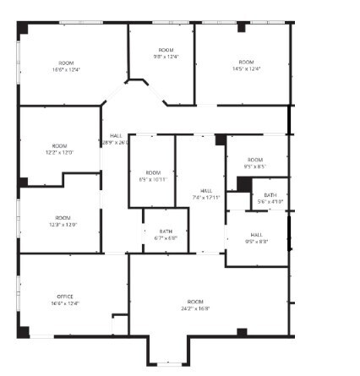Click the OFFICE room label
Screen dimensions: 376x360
click(65, 297)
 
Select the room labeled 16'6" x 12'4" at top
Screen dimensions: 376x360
click(66, 69)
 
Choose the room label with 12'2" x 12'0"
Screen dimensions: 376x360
click(59, 152)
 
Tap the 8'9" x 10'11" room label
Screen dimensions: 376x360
click(153, 179)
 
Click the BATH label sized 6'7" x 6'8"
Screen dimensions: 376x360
click(166, 237)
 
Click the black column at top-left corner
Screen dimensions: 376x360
click(23, 28)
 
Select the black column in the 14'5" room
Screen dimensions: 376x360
click(243, 28)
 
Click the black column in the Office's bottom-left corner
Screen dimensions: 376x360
click(23, 330)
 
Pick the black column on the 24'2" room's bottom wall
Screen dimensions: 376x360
click(243, 332)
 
